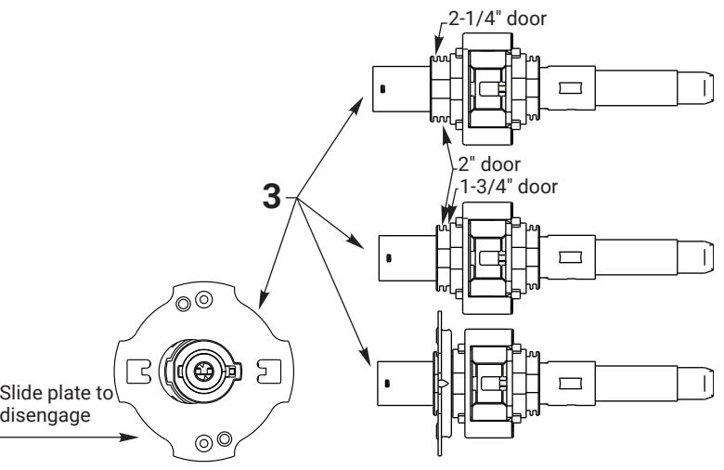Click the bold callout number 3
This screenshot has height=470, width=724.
point(271,196)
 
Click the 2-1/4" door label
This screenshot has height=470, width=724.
point(498,19)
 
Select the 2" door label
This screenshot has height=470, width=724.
point(489,164)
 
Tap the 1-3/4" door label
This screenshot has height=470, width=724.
point(509,187)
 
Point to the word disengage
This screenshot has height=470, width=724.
point(45,415)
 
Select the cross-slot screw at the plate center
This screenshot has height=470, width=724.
point(202,370)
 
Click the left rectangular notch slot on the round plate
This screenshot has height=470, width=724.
point(138,371)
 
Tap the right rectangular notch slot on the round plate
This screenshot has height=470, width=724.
point(268,371)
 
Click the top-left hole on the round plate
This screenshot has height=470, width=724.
point(183,304)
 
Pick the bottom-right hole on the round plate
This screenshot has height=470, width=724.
point(225,438)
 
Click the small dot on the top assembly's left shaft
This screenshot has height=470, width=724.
point(382,88)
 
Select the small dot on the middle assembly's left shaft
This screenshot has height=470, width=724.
point(389,258)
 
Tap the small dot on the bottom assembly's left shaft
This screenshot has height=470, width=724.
point(387,383)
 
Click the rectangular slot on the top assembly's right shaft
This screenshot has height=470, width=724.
point(571,88)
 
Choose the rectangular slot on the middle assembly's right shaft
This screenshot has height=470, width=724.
point(571,257)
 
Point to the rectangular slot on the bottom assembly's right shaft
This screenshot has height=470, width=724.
point(571,383)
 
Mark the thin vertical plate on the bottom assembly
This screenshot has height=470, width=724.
point(440,384)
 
